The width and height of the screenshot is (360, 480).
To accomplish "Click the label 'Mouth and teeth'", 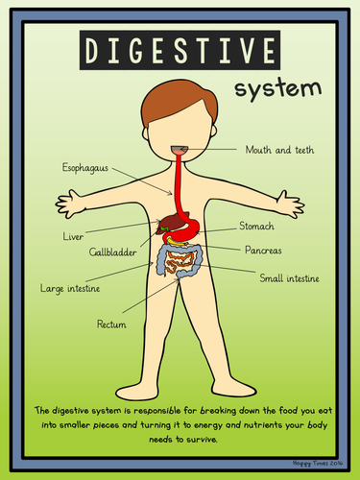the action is coord(279,150).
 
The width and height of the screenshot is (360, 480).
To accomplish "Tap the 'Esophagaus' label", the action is coord(85,168).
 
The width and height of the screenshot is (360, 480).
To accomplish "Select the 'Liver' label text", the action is coord(73,236).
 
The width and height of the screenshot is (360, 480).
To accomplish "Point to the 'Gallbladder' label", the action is coord(112,252).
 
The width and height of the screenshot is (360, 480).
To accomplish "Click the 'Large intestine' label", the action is coord(70,289).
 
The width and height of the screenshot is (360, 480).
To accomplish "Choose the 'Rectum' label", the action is coord(111,324).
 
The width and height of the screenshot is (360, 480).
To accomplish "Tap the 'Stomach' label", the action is coord(256,226).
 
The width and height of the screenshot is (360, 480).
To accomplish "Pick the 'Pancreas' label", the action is coord(263,250).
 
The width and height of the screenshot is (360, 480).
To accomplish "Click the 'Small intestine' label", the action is coord(289,278).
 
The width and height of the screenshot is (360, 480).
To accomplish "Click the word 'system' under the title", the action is coord(278,88).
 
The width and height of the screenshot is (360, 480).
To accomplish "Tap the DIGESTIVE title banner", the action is coord(180,50).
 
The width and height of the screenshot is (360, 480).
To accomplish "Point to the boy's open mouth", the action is coord(180,150).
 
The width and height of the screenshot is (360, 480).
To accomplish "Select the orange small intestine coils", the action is coord(180,260).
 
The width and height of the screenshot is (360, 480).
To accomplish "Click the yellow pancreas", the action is coord(177,243).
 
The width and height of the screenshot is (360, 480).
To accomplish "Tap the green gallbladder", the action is coord(165,228).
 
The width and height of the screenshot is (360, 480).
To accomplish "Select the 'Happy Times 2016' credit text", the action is coord(318,463).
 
